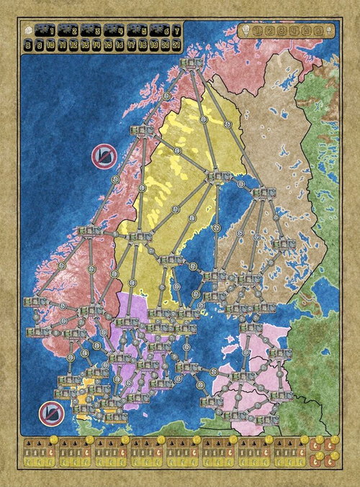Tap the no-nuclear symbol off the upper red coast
click(x=103, y=156)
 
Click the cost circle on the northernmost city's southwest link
click(x=166, y=96)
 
